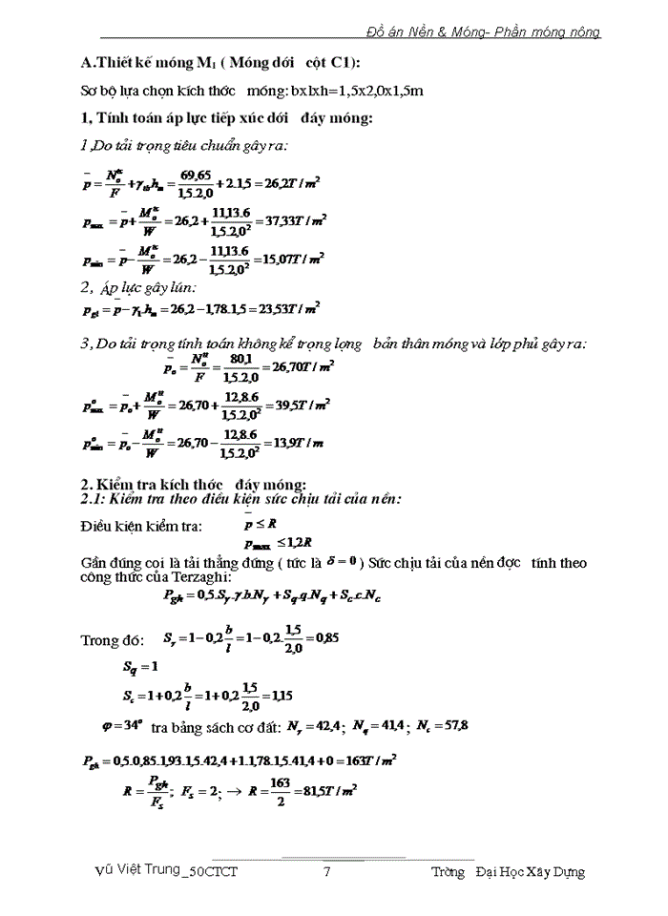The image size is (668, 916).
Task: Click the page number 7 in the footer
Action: [x=327, y=872]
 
